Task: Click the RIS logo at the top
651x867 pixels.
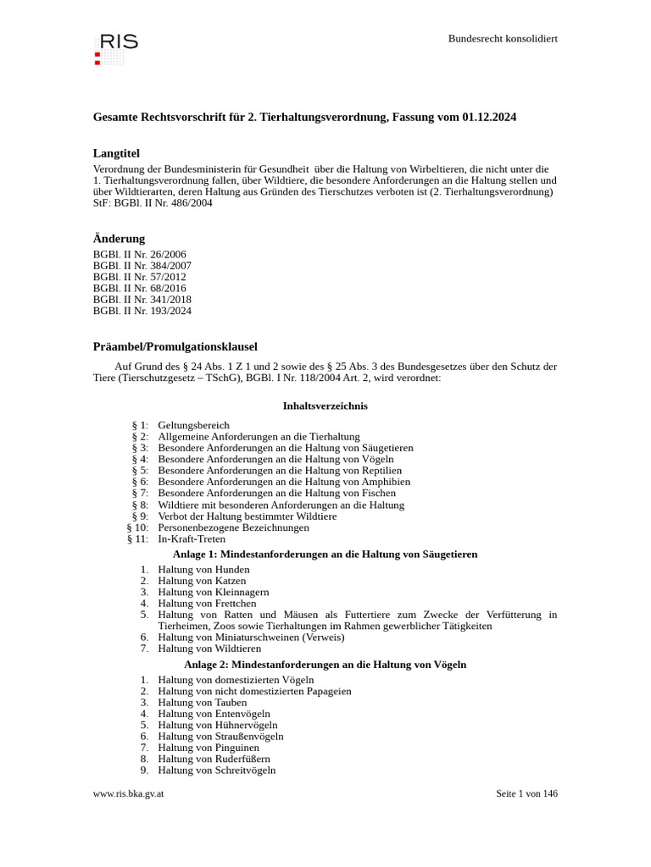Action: [x=115, y=47]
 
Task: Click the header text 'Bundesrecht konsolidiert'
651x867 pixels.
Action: [x=503, y=39]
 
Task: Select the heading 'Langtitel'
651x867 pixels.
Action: [x=116, y=153]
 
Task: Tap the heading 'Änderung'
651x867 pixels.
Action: [x=119, y=239]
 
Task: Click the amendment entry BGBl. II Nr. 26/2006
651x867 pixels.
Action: [x=139, y=254]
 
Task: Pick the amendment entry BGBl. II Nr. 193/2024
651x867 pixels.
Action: [x=142, y=311]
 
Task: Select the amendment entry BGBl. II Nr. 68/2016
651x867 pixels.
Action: [x=139, y=288]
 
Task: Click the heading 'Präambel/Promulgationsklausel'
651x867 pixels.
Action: [x=175, y=347]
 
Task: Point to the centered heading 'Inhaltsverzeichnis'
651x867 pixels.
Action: [x=325, y=406]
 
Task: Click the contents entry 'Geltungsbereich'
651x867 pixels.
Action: [x=193, y=425]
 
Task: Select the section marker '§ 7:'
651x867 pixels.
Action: [x=140, y=493]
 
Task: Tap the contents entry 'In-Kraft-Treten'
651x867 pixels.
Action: [x=191, y=538]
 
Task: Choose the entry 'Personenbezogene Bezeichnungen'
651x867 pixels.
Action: [x=233, y=527]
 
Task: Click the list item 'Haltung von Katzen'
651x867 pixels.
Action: [x=202, y=581]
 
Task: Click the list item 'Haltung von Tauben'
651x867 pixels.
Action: [x=203, y=703]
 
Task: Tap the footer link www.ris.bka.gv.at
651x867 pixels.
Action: [x=128, y=794]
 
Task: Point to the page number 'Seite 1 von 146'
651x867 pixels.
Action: [x=526, y=794]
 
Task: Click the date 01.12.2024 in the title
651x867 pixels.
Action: [x=489, y=117]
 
